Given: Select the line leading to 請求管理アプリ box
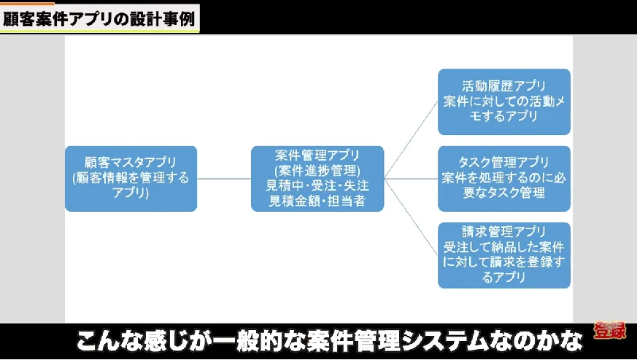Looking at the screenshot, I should (412, 215).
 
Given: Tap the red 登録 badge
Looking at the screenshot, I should (609, 332).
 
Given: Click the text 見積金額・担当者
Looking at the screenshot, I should (317, 199).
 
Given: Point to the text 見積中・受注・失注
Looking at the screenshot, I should (317, 185).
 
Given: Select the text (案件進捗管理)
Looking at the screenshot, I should (317, 171).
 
